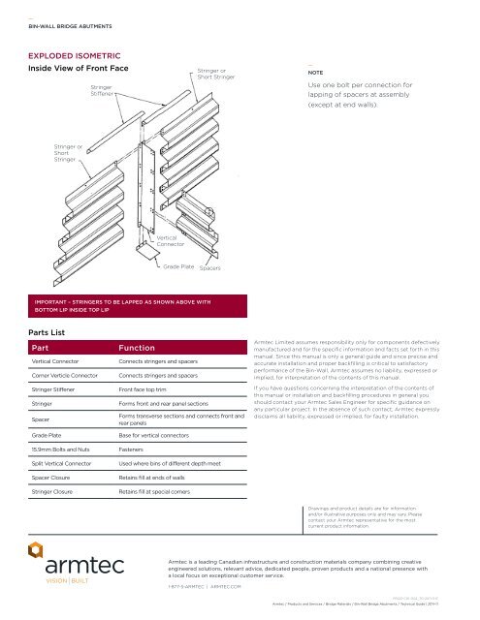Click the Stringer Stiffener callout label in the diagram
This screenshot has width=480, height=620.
click(x=104, y=90)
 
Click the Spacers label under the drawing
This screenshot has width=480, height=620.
click(x=211, y=266)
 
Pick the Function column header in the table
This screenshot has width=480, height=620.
click(x=140, y=347)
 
